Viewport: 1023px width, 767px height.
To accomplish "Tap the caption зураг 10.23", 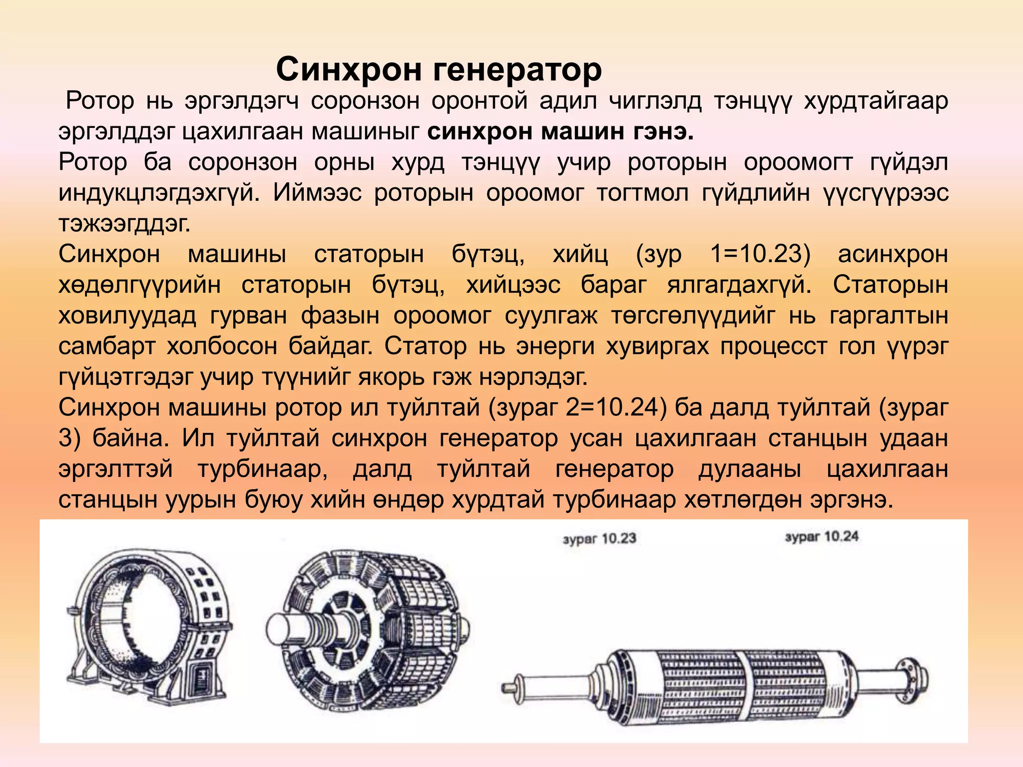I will pos(599,539).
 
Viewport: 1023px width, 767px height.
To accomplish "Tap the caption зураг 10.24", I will pos(822,537).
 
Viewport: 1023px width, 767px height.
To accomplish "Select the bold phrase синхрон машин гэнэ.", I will pos(560,132).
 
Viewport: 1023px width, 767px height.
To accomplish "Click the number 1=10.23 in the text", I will pos(760,254).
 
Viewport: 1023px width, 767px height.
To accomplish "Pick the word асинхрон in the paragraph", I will pos(893,254).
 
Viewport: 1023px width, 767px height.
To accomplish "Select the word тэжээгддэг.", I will pos(124,224).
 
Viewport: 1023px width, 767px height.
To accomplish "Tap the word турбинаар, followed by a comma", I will pos(262,469).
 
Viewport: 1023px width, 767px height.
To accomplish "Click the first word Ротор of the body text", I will pos(100,101).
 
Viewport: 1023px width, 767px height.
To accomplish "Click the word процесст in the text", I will pos(772,346).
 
